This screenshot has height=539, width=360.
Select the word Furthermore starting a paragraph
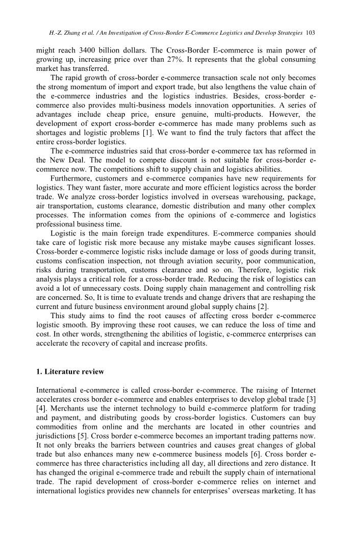coord(73,178)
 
